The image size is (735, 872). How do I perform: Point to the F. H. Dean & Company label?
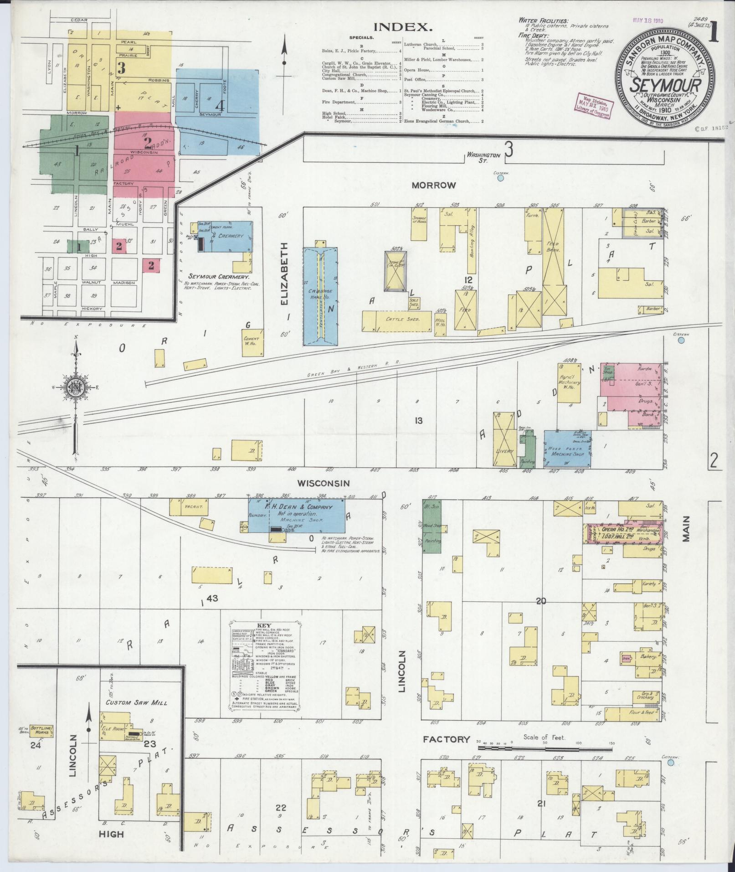[299, 506]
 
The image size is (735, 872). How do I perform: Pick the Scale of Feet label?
[544, 738]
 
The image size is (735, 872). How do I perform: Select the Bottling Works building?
[41, 731]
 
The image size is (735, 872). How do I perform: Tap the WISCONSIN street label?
[324, 483]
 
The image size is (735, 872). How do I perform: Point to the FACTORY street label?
[447, 739]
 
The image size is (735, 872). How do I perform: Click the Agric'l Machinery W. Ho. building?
[568, 383]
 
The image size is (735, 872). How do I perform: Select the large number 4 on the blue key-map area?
[220, 106]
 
